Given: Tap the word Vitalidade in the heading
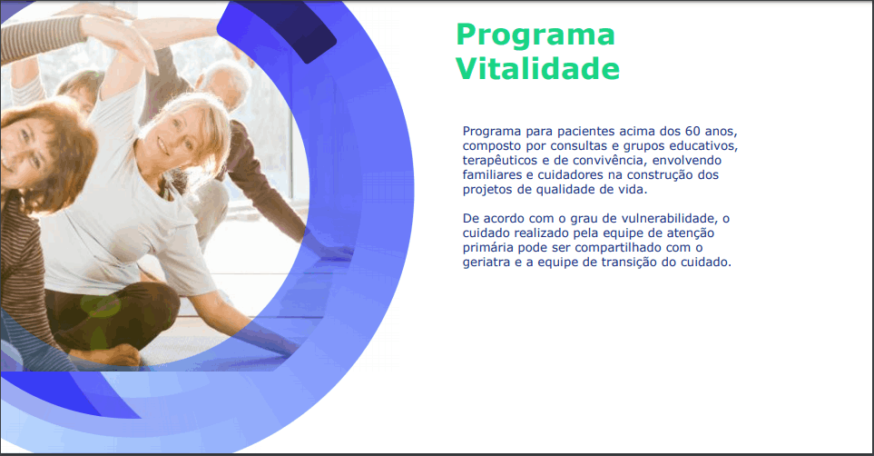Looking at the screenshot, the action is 537,69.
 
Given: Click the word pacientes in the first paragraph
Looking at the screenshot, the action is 586,132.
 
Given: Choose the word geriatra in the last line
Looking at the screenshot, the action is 486,263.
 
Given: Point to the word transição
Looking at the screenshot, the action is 629,263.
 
